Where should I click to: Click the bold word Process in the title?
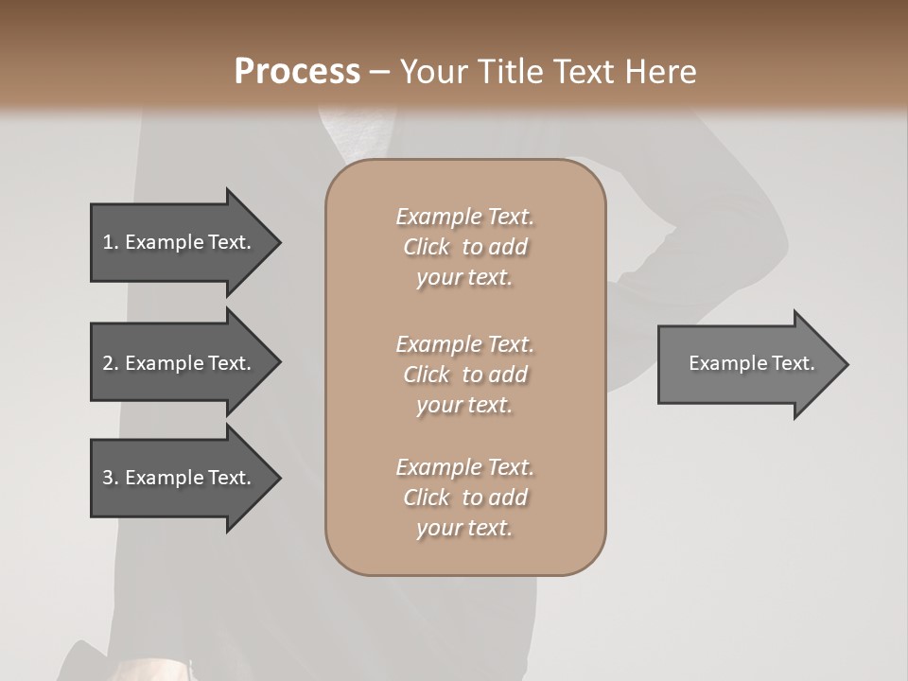coord(297,72)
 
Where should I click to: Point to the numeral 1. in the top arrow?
coord(110,242)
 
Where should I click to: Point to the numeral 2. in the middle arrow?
coord(110,363)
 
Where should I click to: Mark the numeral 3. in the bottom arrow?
coord(110,478)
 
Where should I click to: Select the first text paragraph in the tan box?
coord(464,247)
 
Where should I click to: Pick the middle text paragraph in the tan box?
coord(464,375)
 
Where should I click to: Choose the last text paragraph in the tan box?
coord(464,498)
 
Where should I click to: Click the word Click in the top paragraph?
coord(427,248)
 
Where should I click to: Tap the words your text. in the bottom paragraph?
coord(464,529)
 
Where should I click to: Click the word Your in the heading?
coord(433,72)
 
